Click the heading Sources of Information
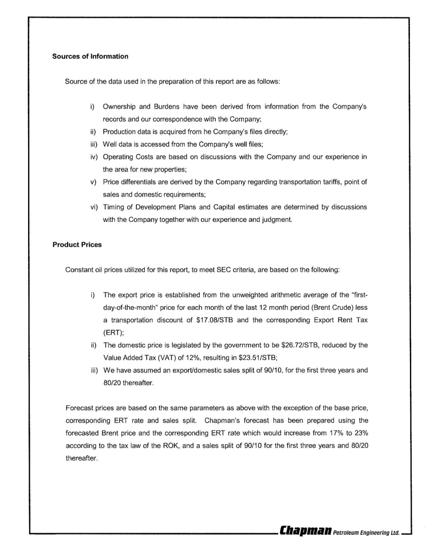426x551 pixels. (90, 56)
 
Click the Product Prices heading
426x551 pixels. (77, 245)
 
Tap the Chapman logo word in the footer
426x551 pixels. (305, 531)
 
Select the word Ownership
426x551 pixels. (119, 107)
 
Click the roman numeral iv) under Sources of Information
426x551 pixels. (94, 157)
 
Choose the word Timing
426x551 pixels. (113, 207)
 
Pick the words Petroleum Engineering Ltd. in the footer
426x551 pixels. (366, 532)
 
